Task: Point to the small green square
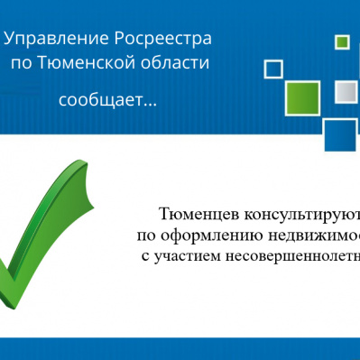click(342, 42)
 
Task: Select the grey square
click(346, 92)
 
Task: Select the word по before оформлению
click(146, 235)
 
